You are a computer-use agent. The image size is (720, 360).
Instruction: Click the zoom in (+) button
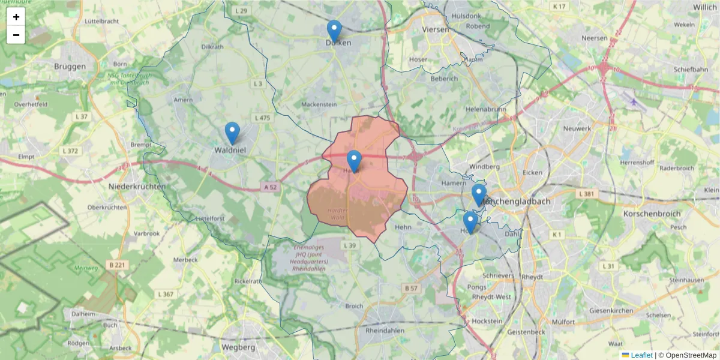click(16, 17)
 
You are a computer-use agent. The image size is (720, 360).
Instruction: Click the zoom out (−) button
click(16, 35)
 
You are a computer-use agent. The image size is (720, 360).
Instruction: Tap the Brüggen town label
click(70, 67)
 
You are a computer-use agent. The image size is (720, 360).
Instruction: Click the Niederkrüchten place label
click(137, 187)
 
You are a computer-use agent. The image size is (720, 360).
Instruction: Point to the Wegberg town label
click(238, 347)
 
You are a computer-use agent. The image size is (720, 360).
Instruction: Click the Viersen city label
click(436, 29)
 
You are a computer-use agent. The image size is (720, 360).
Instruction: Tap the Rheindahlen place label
click(385, 331)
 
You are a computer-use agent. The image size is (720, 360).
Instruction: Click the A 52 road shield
click(271, 187)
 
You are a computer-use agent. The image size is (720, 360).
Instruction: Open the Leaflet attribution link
click(641, 355)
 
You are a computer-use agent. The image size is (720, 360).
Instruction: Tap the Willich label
click(704, 7)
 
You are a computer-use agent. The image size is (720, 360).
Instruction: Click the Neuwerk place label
click(577, 128)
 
